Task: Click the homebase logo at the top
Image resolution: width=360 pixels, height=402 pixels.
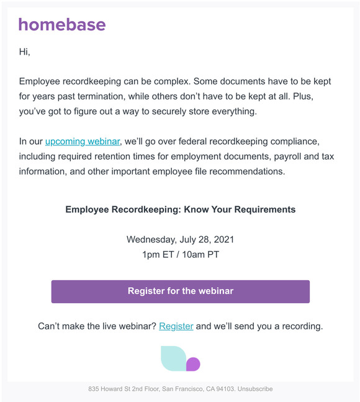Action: pos(62,25)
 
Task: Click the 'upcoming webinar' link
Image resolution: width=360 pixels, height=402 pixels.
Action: pos(82,142)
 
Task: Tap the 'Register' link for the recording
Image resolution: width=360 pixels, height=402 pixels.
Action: pos(176,326)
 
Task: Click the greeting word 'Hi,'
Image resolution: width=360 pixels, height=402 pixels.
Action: pos(25,52)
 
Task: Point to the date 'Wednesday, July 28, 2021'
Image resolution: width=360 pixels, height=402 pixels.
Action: pos(180,239)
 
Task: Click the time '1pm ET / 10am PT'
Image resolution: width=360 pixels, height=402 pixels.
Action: pos(180,254)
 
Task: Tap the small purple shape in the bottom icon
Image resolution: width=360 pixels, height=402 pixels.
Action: pos(193,364)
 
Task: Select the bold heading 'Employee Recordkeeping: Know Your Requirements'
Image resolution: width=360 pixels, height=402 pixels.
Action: pos(180,209)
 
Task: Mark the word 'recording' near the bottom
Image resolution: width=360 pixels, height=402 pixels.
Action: pos(300,326)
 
